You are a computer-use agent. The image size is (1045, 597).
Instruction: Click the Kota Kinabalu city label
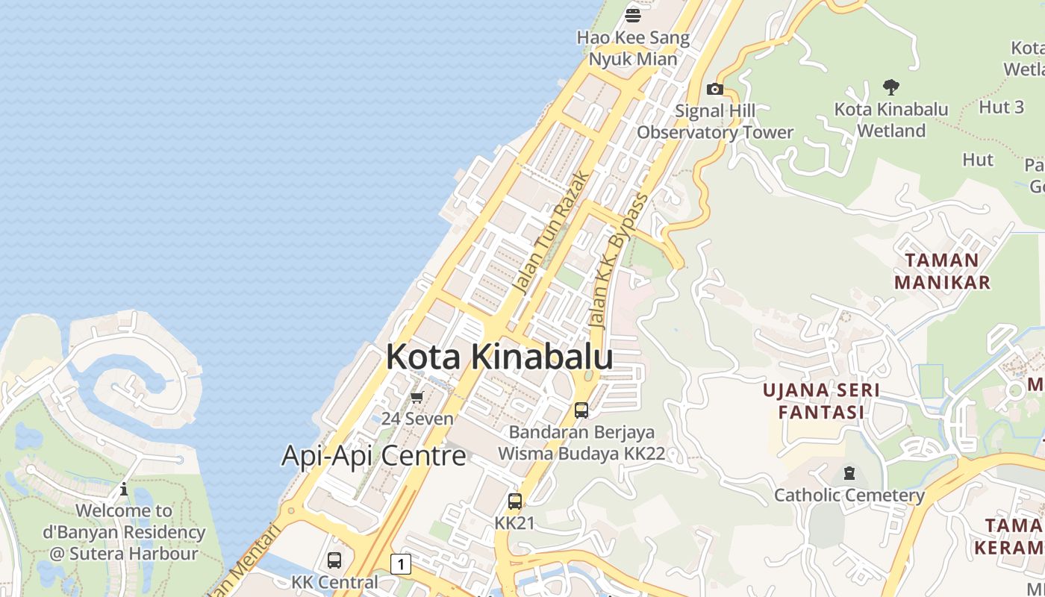point(499,357)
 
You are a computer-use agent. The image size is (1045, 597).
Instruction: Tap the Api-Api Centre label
point(373,455)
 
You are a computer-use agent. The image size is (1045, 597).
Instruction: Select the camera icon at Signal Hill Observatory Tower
point(715,90)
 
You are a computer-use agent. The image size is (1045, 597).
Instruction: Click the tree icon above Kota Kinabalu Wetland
point(890,87)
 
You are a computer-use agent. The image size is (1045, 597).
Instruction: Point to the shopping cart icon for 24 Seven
point(417,397)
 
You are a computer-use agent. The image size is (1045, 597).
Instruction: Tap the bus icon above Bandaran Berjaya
point(581,410)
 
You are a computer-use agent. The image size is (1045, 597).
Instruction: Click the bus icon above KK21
point(515,501)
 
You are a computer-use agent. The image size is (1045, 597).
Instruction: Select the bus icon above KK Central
point(334,560)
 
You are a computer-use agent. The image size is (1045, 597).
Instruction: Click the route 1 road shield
point(401,564)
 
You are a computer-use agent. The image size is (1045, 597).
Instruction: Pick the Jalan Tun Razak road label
point(552,234)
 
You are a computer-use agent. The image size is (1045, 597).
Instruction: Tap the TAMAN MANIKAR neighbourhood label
point(942,271)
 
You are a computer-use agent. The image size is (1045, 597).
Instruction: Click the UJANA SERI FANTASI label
point(821,401)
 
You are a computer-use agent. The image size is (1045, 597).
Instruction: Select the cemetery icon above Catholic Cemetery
point(849,473)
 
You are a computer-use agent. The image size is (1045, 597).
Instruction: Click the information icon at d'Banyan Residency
point(124,490)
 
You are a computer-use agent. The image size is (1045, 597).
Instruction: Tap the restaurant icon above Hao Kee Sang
point(633,15)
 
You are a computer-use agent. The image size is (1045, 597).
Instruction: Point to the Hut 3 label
point(1001,107)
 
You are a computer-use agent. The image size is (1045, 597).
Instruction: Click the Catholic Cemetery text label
point(849,495)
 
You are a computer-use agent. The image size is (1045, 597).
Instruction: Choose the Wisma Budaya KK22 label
point(581,454)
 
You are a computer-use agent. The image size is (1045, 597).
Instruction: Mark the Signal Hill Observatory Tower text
point(715,122)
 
